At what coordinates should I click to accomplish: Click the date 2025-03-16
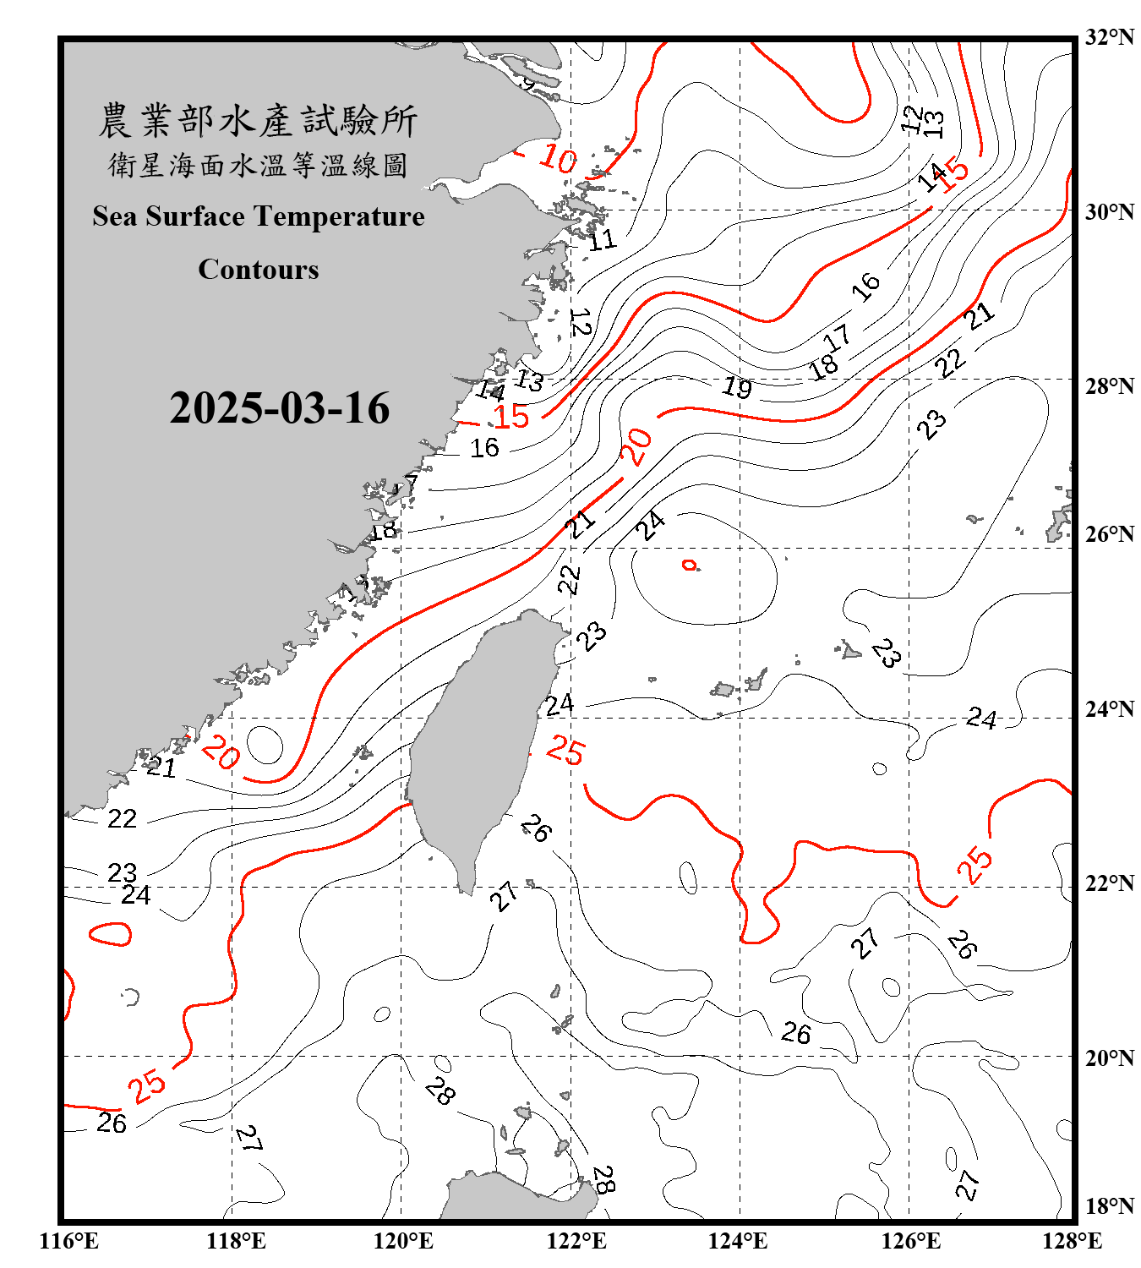click(x=279, y=408)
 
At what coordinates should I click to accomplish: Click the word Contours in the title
click(x=259, y=270)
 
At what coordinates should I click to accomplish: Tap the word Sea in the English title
click(x=116, y=216)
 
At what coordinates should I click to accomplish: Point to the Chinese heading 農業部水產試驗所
click(x=258, y=121)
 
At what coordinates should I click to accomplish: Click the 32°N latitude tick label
click(x=1109, y=37)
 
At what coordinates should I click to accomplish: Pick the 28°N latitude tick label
click(x=1109, y=386)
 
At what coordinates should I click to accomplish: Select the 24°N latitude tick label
click(x=1109, y=708)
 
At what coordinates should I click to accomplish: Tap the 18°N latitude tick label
click(x=1109, y=1206)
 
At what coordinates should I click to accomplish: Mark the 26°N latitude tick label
click(x=1109, y=534)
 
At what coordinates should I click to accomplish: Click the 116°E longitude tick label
click(x=69, y=1241)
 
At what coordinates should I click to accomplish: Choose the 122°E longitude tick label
click(x=576, y=1241)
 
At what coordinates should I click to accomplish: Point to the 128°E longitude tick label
click(x=1072, y=1241)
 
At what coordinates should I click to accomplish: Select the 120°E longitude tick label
click(x=403, y=1241)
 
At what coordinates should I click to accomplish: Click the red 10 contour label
click(x=558, y=158)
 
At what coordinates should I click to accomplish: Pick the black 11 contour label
click(x=603, y=241)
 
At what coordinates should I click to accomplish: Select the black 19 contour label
click(x=737, y=388)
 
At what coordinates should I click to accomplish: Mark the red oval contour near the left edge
click(x=111, y=933)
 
